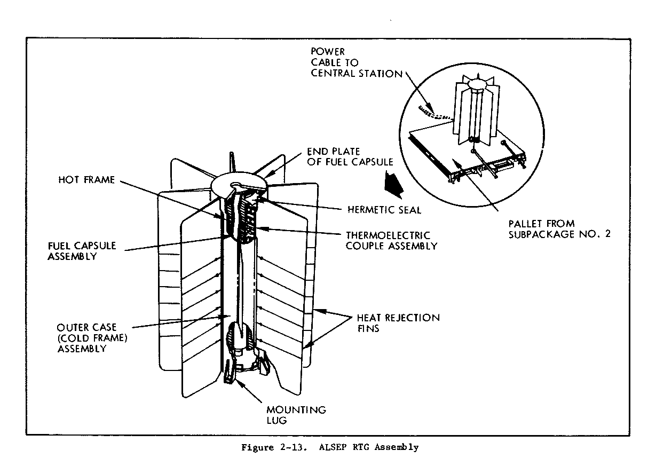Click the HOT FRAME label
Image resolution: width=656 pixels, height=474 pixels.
click(x=86, y=180)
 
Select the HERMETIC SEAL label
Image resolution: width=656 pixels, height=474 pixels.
click(x=384, y=210)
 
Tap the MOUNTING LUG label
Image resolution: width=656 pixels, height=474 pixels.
click(x=296, y=415)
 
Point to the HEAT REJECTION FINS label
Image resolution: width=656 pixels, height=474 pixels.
click(x=398, y=323)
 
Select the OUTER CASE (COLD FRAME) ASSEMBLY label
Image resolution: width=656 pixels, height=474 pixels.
click(x=89, y=337)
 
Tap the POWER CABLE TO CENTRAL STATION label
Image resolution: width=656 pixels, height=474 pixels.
click(x=356, y=62)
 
